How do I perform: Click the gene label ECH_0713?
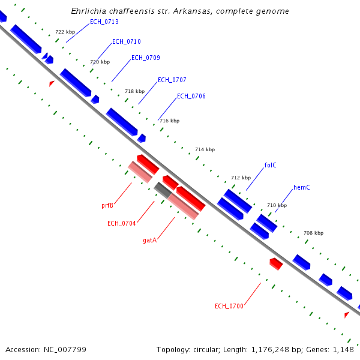pyautogui.click(x=104, y=22)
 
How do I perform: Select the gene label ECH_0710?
pyautogui.click(x=127, y=42)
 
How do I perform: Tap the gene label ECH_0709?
pyautogui.click(x=145, y=58)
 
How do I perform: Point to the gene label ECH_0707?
pyautogui.click(x=172, y=80)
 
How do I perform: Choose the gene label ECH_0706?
pyautogui.click(x=191, y=97)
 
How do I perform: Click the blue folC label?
pyautogui.click(x=270, y=165)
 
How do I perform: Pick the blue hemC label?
pyautogui.click(x=301, y=188)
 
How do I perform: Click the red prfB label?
pyautogui.click(x=107, y=205)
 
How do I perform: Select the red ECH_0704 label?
pyautogui.click(x=121, y=224)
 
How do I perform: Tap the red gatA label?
pyautogui.click(x=149, y=240)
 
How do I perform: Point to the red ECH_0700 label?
pyautogui.click(x=229, y=307)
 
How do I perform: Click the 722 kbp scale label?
pyautogui.click(x=65, y=32)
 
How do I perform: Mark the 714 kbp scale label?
pyautogui.click(x=205, y=149)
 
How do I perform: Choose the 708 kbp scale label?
pyautogui.click(x=313, y=233)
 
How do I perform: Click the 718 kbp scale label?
pyautogui.click(x=134, y=92)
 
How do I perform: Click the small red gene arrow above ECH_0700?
pyautogui.click(x=276, y=263)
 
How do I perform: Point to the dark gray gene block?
pyautogui.click(x=162, y=190)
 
